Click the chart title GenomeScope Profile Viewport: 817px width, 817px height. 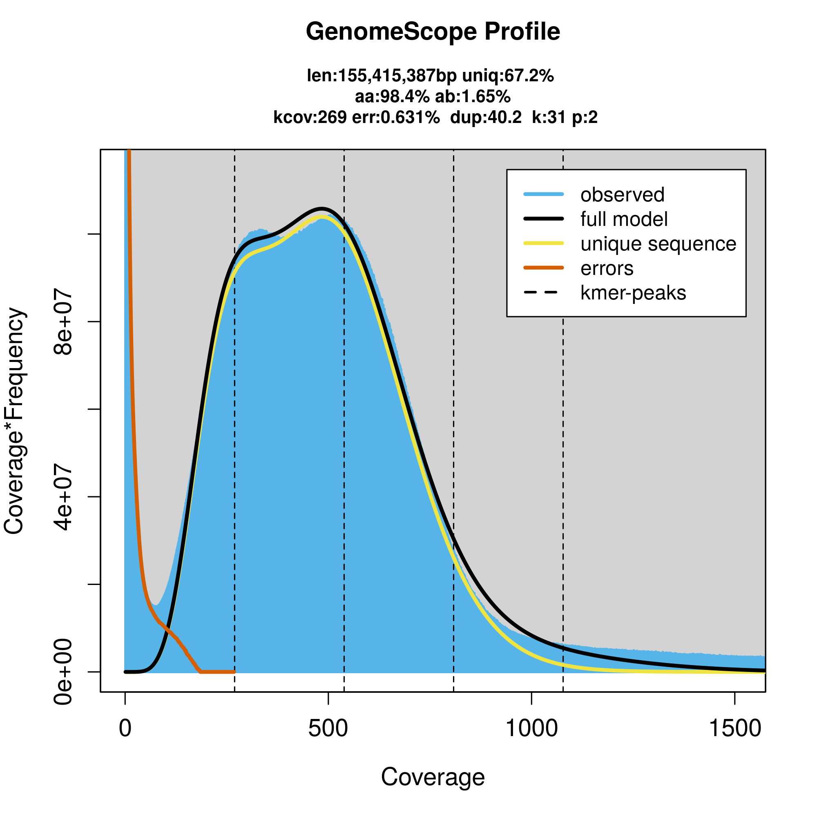433,32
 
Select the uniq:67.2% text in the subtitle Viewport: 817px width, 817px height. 508,76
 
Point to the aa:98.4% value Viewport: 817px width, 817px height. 392,97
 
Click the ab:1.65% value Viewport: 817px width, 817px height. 473,97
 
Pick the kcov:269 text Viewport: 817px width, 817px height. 310,117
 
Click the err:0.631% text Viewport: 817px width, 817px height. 396,117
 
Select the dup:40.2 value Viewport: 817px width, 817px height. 486,117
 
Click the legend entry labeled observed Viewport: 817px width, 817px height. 622,195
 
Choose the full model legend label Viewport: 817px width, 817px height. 624,219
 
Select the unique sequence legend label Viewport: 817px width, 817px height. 658,244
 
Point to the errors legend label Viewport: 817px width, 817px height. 607,268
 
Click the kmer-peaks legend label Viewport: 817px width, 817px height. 633,293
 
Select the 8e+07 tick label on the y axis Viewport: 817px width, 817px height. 62,322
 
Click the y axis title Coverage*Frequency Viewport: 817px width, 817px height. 15,421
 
